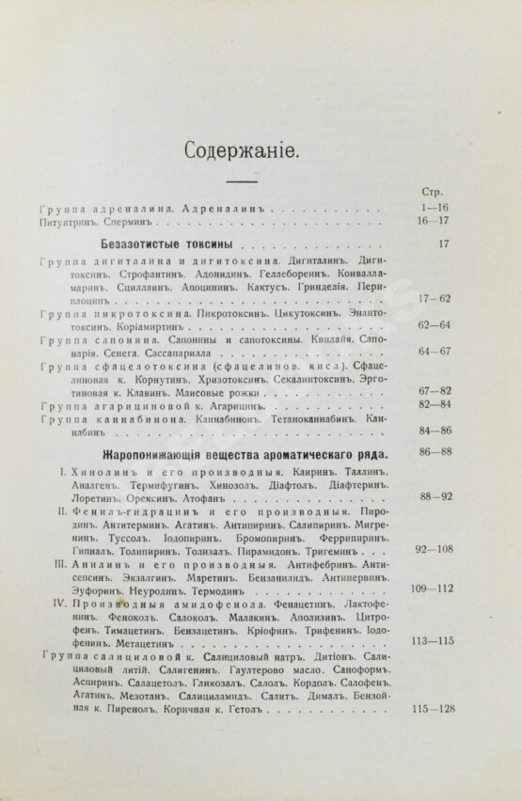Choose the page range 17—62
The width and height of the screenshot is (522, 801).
tap(432, 299)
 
